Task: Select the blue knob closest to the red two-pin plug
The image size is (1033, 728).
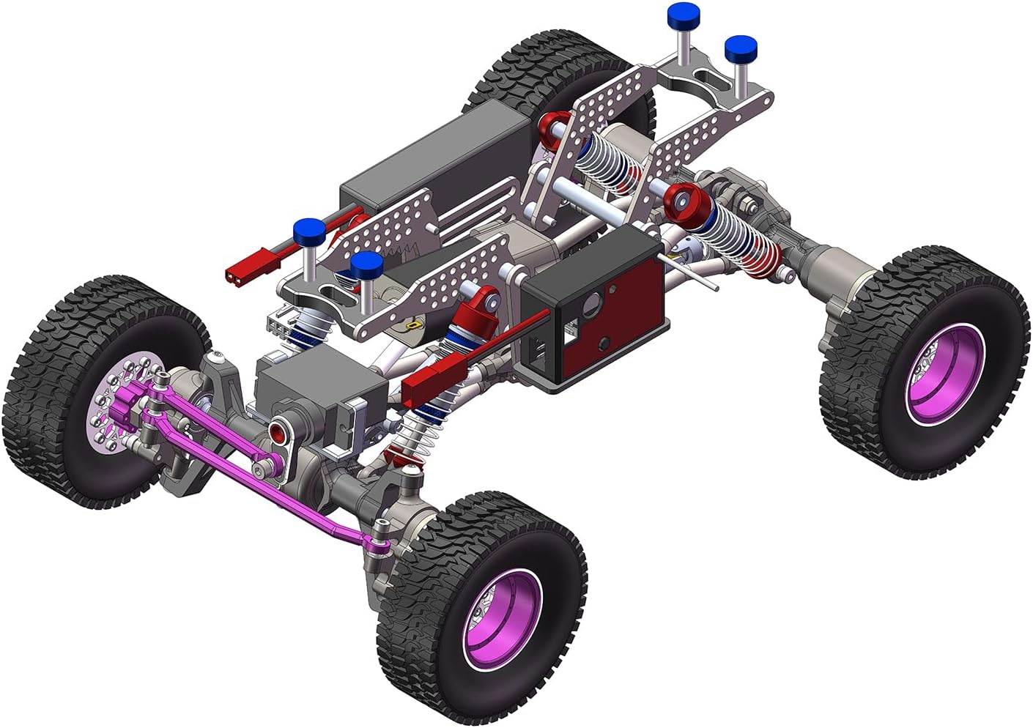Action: (308, 230)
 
